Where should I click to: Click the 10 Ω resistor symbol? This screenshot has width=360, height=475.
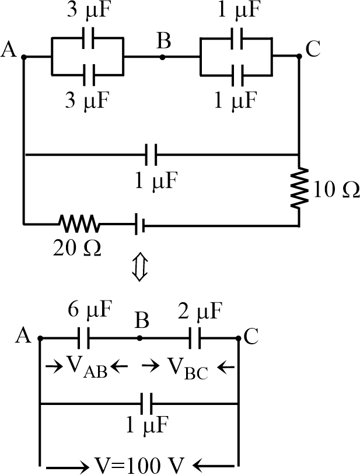[x=299, y=188]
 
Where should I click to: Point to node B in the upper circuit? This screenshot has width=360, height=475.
[x=162, y=57]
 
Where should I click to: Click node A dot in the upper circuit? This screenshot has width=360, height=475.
[x=23, y=57]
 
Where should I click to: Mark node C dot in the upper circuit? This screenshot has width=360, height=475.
[x=299, y=57]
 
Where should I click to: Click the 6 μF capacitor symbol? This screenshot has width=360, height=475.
[x=83, y=338]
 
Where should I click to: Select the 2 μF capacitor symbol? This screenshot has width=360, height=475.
[x=195, y=338]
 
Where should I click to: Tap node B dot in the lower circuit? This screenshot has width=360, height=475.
[x=139, y=338]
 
